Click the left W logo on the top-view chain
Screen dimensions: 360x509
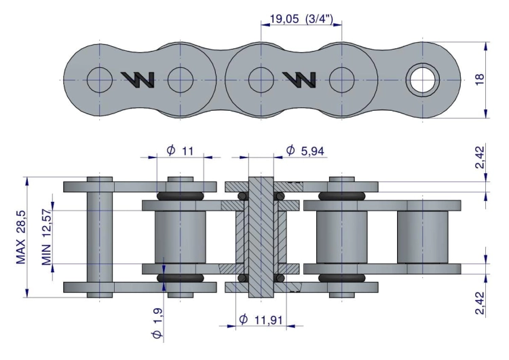pos(138,80)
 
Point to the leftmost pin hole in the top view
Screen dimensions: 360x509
pos(100,80)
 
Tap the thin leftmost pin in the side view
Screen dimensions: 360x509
pos(100,238)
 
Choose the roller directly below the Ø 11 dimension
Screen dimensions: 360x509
pos(181,236)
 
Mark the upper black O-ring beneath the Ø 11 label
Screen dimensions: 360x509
pos(181,196)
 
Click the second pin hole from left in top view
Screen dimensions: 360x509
pos(181,80)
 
